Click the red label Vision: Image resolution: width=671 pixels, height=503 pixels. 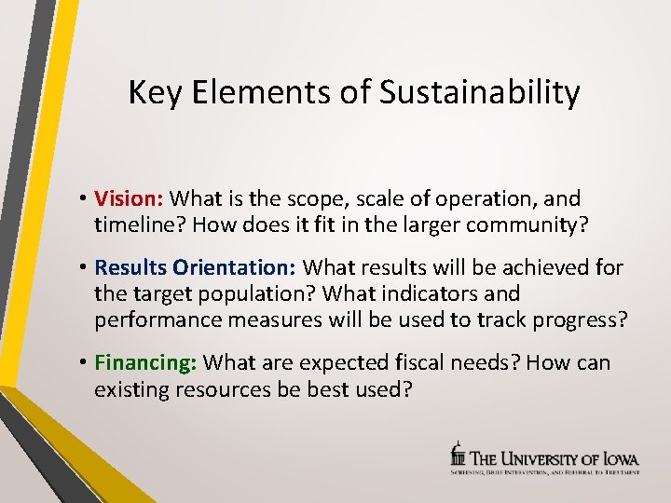coord(129,198)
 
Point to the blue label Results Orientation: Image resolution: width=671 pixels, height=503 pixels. coord(196,268)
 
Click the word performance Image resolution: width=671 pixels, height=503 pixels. coord(154,319)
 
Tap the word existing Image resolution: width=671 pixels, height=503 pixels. coord(131,388)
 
